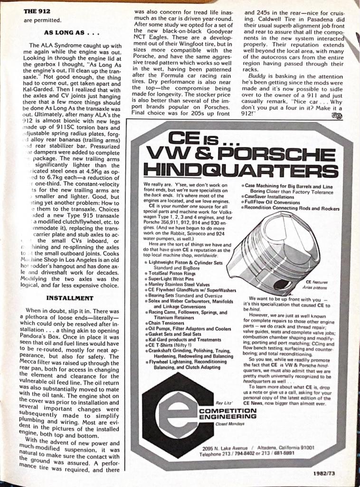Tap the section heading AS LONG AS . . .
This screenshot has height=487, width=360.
click(x=66, y=33)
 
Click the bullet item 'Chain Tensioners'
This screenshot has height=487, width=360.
click(x=163, y=322)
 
